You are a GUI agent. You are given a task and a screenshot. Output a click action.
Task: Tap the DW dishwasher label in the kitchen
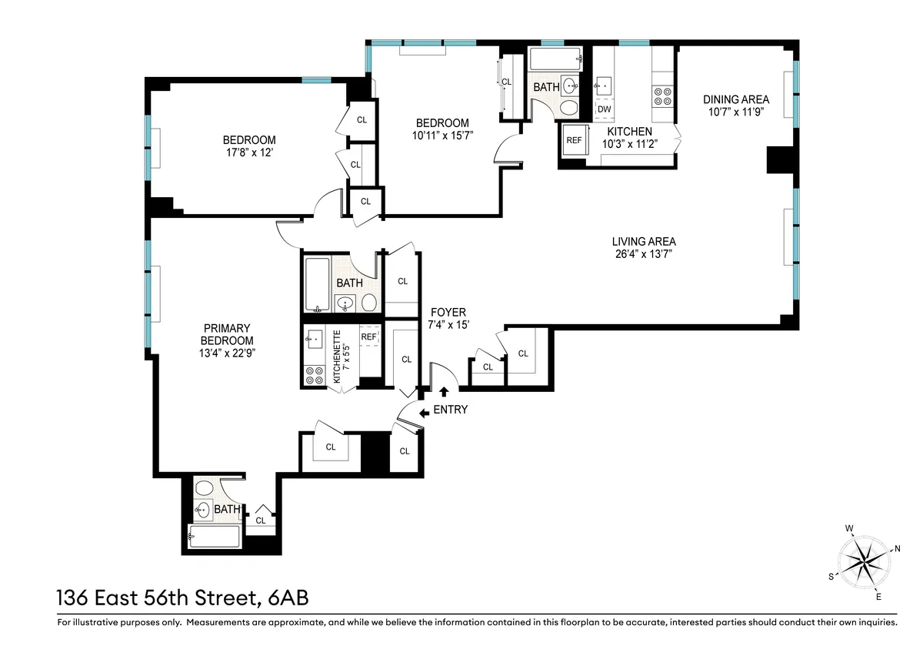[604, 109]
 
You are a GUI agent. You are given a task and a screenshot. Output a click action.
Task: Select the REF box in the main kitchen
[574, 140]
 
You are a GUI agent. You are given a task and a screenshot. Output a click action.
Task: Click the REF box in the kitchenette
[369, 337]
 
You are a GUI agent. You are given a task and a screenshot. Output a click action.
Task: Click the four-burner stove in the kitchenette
[315, 376]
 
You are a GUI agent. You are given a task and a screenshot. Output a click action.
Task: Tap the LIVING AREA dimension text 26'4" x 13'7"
[645, 253]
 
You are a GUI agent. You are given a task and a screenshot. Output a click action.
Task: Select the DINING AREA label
[735, 99]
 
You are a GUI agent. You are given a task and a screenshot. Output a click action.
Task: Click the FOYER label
[448, 312]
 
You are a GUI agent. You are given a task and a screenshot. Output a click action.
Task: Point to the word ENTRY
[450, 410]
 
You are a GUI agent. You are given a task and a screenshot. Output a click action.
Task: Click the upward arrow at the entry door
[443, 393]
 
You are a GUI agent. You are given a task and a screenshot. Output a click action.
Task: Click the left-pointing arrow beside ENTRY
[424, 413]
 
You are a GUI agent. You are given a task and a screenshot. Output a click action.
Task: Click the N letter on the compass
[897, 549]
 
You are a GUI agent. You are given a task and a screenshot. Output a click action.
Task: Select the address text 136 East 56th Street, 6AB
[182, 598]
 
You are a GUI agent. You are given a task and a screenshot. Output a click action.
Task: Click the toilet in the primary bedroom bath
[204, 487]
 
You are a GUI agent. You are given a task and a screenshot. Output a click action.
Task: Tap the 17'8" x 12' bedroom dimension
[248, 152]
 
